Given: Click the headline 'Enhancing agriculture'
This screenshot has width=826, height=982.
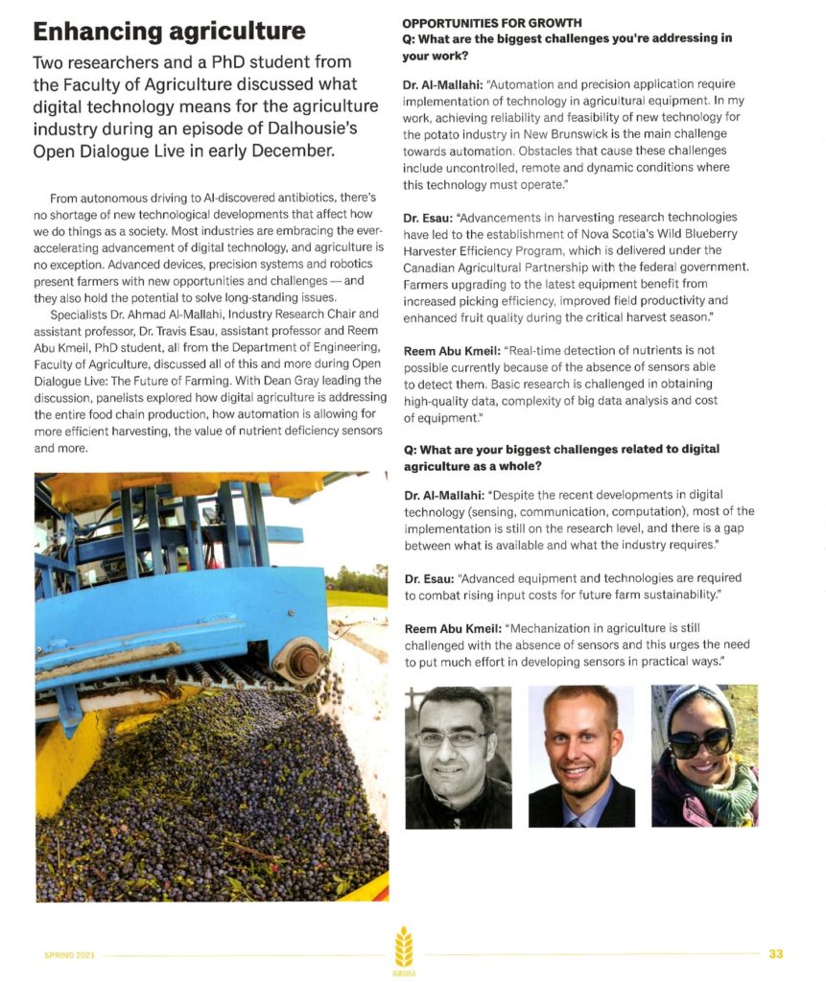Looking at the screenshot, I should pos(169,31).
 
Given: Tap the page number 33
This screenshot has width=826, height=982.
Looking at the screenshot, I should pos(775,953).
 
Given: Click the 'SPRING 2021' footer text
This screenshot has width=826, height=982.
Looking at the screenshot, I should pos(70,954).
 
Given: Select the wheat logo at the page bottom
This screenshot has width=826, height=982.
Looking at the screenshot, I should pos(404,949).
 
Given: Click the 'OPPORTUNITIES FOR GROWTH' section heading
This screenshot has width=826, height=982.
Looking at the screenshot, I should pos(491,22).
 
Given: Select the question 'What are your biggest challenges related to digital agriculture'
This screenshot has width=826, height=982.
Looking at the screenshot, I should pos(560,456).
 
